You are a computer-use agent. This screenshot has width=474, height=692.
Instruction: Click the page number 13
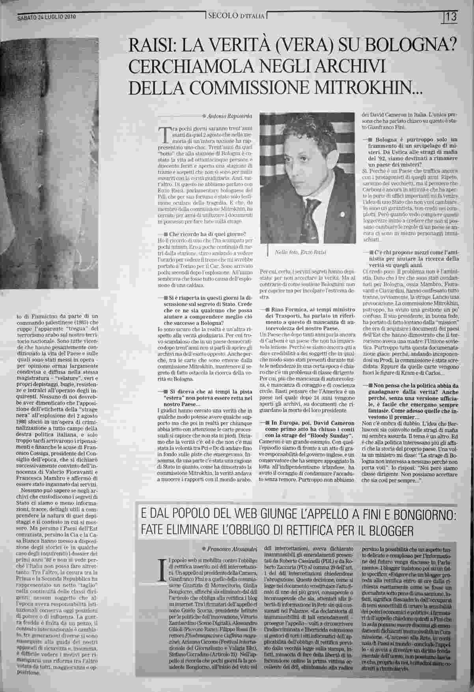pos(452,17)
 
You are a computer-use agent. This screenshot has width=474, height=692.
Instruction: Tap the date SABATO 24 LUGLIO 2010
pos(47,17)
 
